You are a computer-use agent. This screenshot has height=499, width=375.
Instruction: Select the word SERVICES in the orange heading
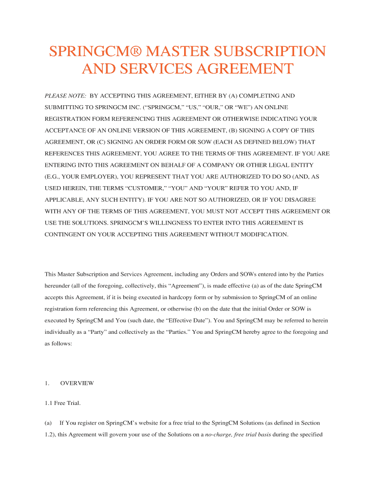153,69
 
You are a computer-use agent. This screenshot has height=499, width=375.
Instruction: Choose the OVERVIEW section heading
77,383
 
